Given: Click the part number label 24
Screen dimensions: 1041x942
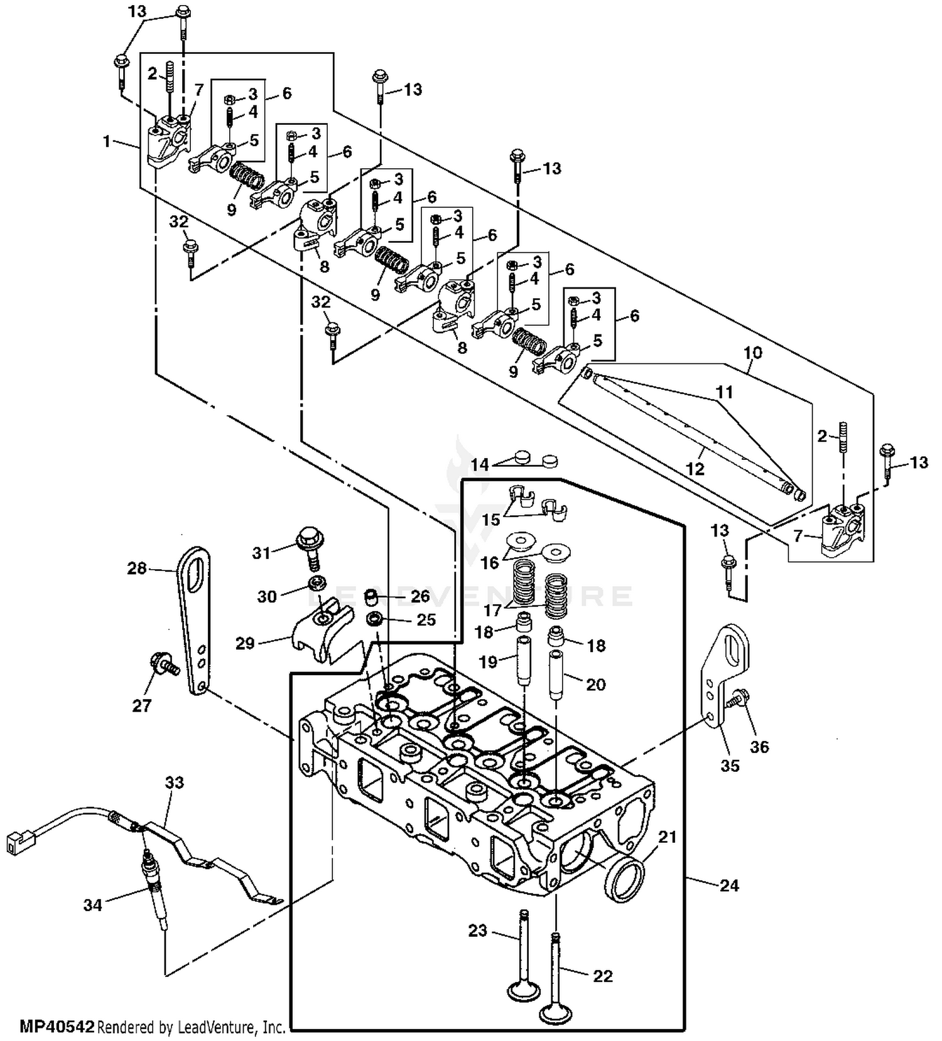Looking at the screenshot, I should [729, 885].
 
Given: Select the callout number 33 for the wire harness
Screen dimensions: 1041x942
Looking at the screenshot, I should [175, 782].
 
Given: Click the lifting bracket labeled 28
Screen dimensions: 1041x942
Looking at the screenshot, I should [193, 621].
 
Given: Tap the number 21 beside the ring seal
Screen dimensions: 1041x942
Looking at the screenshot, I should [667, 836].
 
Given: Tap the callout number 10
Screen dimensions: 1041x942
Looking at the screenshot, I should [752, 353].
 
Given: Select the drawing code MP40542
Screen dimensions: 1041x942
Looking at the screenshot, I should [57, 1027].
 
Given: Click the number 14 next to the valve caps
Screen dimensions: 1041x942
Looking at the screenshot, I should [480, 464].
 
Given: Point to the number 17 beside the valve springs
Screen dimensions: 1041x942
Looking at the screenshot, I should [493, 609].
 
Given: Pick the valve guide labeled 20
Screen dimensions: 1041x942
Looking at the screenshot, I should [556, 675].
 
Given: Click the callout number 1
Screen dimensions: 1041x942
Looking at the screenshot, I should [107, 141].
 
